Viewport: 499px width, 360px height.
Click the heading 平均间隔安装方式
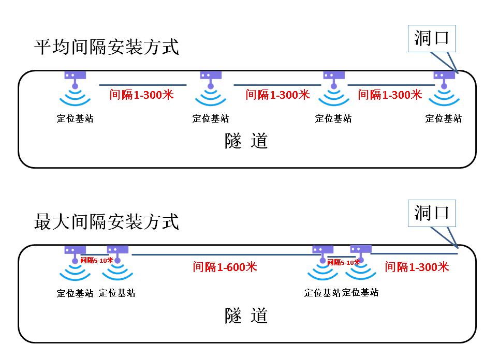pos(106,47)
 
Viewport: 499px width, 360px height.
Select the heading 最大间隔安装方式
pos(106,221)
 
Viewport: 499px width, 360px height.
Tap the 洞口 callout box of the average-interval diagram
pos(431,38)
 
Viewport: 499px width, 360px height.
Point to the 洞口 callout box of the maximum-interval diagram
pos(431,213)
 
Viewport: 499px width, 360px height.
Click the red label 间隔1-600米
pos(225,267)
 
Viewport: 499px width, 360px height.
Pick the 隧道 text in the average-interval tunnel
pos(246,141)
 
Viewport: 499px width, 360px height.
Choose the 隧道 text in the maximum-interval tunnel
pos(246,315)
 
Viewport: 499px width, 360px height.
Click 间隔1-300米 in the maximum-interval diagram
pos(417,267)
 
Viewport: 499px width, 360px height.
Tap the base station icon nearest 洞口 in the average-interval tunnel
pos(444,87)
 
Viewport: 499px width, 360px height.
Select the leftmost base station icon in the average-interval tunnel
pos(75,87)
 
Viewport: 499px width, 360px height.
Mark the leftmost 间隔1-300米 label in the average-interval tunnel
pos(141,95)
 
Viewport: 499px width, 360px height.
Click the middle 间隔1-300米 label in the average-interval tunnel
pos(277,95)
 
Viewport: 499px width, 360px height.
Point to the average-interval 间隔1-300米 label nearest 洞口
pos(390,95)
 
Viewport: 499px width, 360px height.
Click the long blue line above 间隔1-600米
pos(223,254)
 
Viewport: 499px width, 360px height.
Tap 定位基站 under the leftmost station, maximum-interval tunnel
pos(75,293)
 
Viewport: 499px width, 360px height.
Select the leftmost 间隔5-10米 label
pos(96,260)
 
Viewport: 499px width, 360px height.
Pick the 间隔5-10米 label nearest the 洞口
pos(344,262)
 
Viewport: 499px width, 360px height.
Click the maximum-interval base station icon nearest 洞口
pos(361,262)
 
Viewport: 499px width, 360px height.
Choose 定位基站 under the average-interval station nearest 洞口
pos(444,118)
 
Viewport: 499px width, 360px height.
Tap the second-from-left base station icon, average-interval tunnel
pos(211,87)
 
